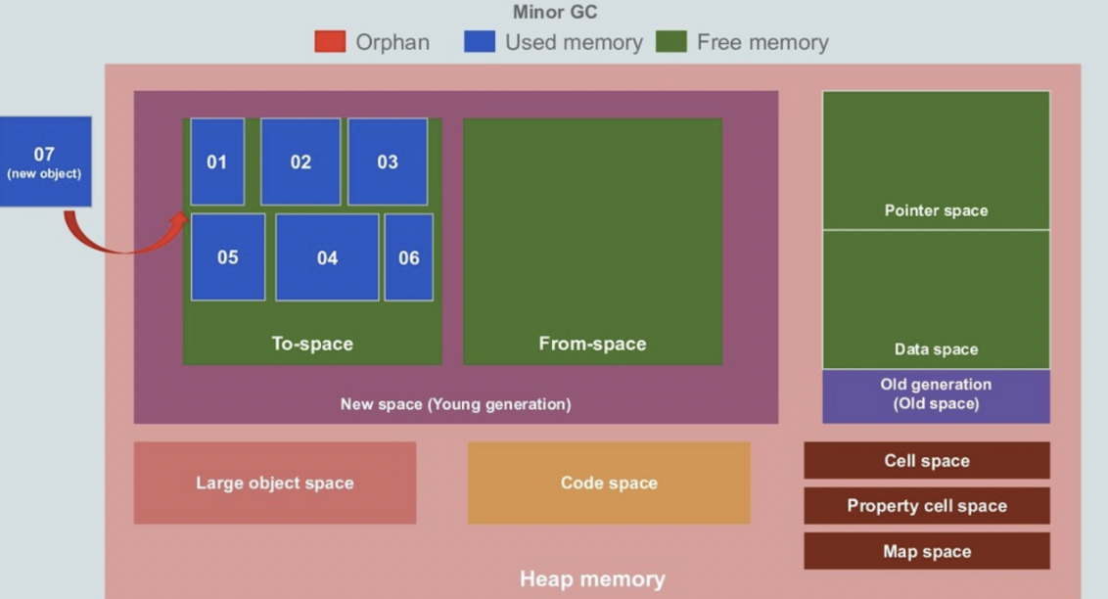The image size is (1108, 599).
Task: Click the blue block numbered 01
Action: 217,161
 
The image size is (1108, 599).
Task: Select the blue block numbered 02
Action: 300,161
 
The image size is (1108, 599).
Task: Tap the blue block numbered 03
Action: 388,161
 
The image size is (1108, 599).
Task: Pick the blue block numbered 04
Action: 327,257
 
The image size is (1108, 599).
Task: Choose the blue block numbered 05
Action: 228,257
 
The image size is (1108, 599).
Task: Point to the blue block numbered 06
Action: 408,257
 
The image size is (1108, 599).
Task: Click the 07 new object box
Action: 45,161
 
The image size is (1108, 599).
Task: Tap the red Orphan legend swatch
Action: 330,42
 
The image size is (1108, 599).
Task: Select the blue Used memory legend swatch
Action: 480,42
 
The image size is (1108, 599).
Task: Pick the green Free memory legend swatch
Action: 671,42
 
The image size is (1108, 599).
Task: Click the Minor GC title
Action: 555,13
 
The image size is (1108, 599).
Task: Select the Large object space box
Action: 275,483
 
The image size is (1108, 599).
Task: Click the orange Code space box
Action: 609,483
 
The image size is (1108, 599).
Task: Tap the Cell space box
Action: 927,461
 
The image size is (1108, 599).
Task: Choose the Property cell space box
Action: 927,506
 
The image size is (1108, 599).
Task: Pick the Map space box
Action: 927,551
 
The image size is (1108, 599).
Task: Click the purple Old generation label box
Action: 936,395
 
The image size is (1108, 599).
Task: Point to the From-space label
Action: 592,344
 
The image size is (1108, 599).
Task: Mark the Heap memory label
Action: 592,578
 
